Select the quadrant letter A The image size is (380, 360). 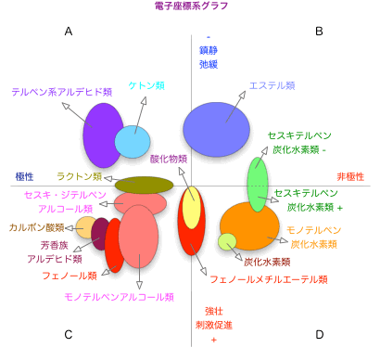tap(68, 32)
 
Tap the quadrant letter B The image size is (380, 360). tap(319, 32)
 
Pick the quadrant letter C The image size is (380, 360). tap(68, 334)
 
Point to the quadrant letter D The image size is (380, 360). tap(319, 334)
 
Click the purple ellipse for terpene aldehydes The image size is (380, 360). tap(101, 135)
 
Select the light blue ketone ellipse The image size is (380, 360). tap(133, 142)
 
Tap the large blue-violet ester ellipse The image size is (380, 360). tap(216, 126)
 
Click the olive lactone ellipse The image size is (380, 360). tap(145, 185)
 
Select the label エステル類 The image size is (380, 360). tap(272, 86)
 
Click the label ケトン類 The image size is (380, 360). tap(146, 85)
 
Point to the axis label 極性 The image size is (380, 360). tap(26, 175)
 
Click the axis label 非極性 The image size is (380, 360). tap(349, 175)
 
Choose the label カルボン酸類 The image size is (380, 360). tap(37, 226)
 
